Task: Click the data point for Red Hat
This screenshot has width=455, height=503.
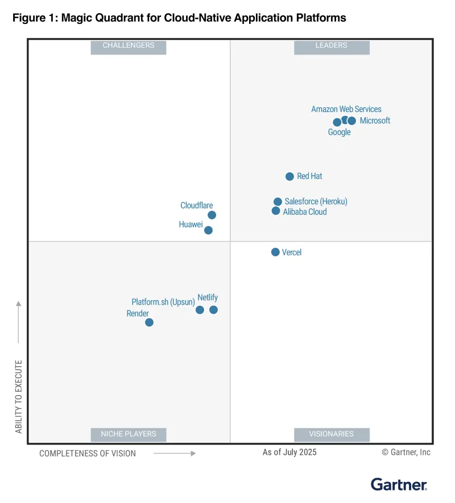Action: pos(289,177)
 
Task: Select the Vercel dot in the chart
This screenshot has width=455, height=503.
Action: pos(275,252)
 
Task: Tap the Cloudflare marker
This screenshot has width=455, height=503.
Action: pos(212,215)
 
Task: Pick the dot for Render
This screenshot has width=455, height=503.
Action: pos(149,322)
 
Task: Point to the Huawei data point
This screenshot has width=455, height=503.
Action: pos(208,230)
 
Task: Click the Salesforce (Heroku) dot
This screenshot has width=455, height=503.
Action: pos(278,202)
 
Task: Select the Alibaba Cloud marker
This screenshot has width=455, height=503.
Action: pos(276,211)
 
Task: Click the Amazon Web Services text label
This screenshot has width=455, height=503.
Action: pos(346,109)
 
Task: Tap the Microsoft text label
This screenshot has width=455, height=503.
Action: pos(375,120)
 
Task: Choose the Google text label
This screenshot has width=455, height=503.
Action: pos(339,132)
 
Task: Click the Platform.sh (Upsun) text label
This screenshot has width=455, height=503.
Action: pos(163,302)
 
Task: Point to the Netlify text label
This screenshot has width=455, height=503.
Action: pos(208,297)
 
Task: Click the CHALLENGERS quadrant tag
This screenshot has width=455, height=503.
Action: pos(129,45)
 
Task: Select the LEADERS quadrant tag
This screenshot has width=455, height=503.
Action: pos(332,45)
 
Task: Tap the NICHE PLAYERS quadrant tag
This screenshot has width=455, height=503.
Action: pos(129,434)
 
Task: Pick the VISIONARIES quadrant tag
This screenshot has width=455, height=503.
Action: pos(332,434)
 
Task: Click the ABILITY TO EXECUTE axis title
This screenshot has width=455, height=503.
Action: pos(19,397)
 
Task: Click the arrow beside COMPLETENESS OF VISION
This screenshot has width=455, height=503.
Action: pos(175,454)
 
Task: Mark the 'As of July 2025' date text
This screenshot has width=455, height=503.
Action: pos(289,452)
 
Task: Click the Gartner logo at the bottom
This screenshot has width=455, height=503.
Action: pos(399,484)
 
